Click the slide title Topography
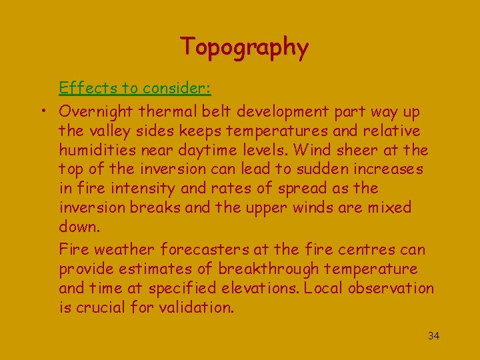point(244,47)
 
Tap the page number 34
point(433,335)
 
